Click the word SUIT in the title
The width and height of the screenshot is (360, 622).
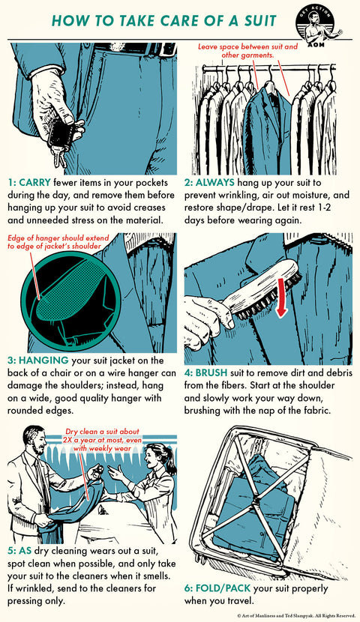click(x=256, y=21)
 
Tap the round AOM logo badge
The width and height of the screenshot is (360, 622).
click(x=315, y=25)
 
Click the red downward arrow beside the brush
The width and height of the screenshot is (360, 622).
click(x=281, y=298)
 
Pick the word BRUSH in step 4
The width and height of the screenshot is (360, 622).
click(x=211, y=373)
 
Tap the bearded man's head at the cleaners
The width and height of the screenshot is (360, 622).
click(x=34, y=440)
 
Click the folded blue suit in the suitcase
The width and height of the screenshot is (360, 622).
click(x=254, y=512)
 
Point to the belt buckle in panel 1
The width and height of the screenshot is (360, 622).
click(x=161, y=49)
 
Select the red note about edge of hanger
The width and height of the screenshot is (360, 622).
click(x=58, y=242)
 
